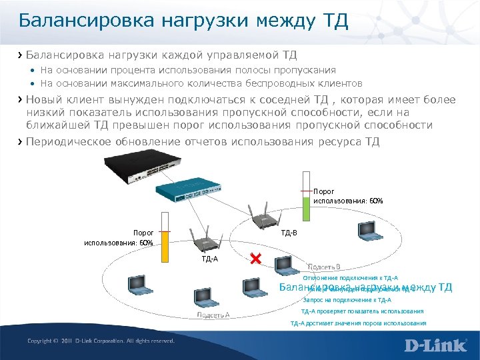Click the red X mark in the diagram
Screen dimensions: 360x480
click(255, 259)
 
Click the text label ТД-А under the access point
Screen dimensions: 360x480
click(209, 257)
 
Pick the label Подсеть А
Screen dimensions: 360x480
click(213, 315)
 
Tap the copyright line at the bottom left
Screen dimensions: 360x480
click(100, 341)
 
